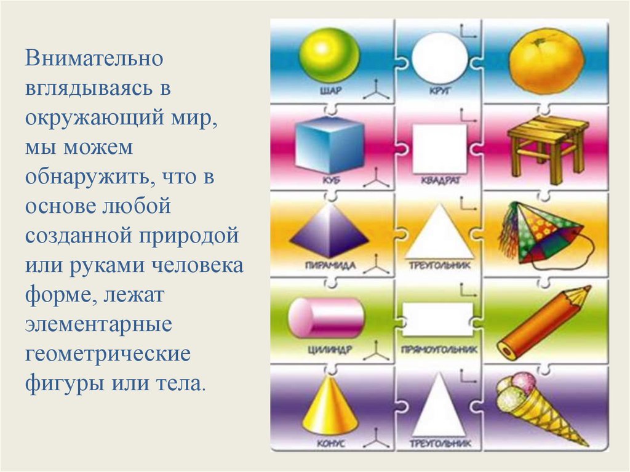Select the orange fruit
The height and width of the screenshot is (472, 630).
click(x=546, y=60)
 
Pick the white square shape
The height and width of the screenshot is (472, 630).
click(x=439, y=148)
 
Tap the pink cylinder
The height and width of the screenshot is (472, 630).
click(x=326, y=318)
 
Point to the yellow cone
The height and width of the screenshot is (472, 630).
click(x=330, y=404)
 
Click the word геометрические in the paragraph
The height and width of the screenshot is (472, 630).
click(x=108, y=356)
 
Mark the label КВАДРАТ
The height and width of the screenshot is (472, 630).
click(x=439, y=182)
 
